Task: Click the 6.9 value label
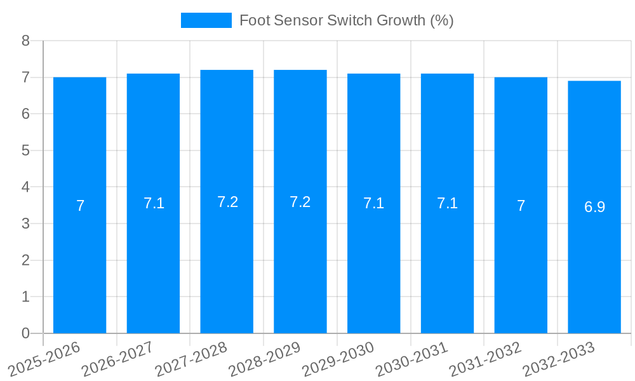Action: click(x=594, y=207)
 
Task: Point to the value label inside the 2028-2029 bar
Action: click(x=300, y=202)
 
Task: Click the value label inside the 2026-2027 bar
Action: click(x=154, y=203)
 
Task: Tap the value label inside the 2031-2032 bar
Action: click(x=521, y=206)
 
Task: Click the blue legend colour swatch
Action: click(x=206, y=20)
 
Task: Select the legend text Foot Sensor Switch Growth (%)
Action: click(x=346, y=20)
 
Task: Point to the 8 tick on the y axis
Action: click(x=26, y=41)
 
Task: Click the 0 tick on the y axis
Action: click(x=26, y=333)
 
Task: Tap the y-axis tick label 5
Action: click(x=26, y=150)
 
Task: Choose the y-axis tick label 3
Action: click(x=26, y=224)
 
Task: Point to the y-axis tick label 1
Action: click(x=26, y=297)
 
